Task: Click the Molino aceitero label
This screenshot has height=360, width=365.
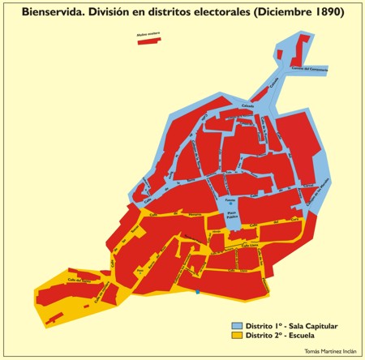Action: click(148, 35)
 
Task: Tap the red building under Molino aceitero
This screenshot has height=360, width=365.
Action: click(148, 41)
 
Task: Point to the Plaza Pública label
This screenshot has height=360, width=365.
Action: click(230, 213)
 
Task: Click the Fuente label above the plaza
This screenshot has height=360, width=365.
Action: click(230, 199)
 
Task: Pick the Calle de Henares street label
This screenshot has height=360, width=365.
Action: click(195, 215)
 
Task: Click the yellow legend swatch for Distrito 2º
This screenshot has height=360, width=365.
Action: click(238, 335)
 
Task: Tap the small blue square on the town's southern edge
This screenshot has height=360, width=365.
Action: click(197, 291)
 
